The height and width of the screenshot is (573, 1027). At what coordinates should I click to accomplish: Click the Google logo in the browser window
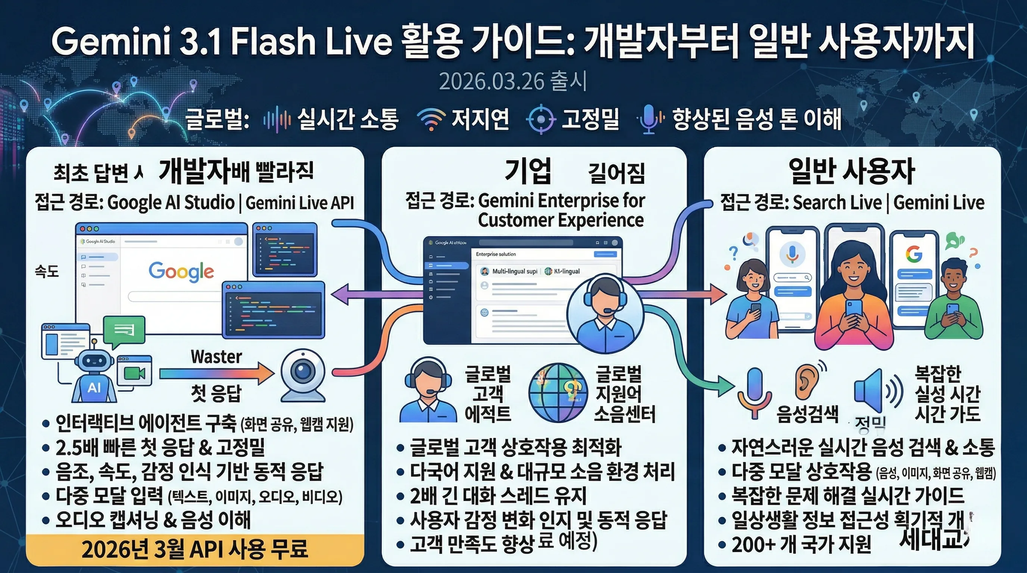click(x=181, y=271)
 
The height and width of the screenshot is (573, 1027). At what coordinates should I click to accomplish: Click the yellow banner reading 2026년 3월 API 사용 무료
click(x=195, y=549)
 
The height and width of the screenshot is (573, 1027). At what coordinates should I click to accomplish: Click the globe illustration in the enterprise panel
click(x=558, y=392)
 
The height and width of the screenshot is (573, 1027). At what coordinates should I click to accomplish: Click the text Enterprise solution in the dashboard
click(x=496, y=254)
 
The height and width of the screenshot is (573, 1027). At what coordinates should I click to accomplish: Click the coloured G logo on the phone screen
click(x=914, y=253)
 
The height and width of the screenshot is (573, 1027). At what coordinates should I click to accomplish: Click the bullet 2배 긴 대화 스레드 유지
click(x=498, y=496)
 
